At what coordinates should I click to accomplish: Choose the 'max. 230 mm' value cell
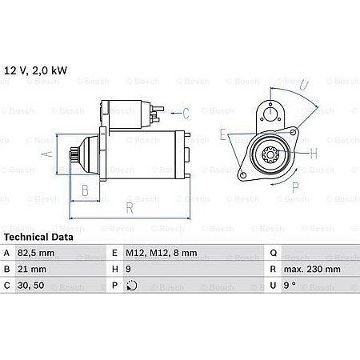tap(306, 269)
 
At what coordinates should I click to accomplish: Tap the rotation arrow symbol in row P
tap(132, 286)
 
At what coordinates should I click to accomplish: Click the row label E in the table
tap(115, 252)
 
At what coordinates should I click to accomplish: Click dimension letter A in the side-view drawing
tap(47, 154)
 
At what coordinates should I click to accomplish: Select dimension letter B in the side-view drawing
tap(86, 190)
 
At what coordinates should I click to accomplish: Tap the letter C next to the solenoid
tap(186, 113)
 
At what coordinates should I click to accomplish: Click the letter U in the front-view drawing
tap(304, 82)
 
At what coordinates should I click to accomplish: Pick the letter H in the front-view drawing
tap(313, 152)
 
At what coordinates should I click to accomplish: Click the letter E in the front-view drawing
tap(223, 134)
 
